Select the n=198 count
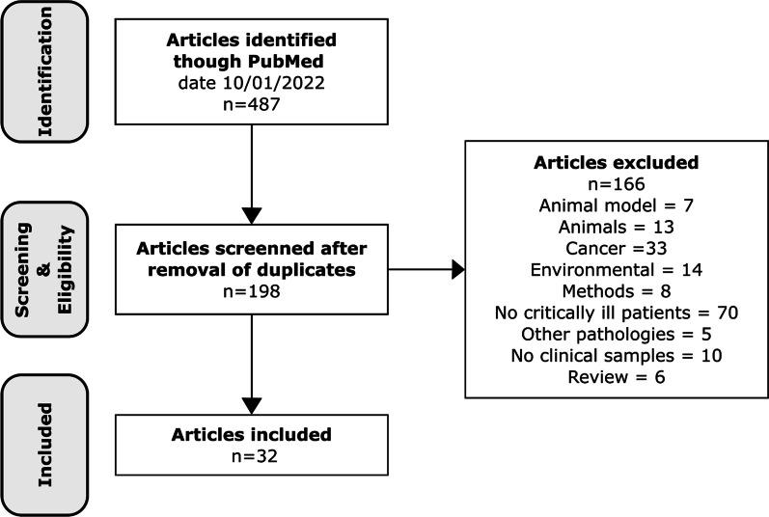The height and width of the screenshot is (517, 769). coord(250,288)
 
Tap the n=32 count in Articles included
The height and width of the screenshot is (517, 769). coord(250,457)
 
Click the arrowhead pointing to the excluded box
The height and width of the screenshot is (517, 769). coord(456,270)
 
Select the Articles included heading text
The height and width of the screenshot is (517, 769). coord(250,435)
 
